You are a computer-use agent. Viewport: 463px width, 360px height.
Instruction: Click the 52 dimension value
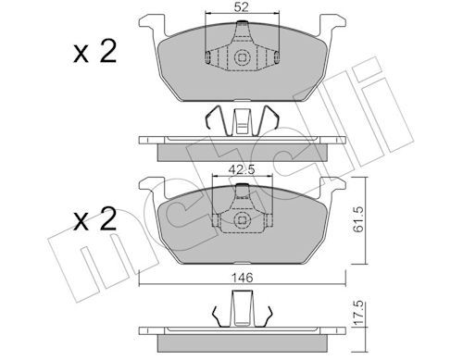pyautogui.click(x=242, y=6)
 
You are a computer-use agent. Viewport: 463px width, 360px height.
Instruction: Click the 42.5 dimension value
pyautogui.click(x=242, y=169)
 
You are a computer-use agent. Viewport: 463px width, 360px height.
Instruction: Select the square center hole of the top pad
pyautogui.click(x=242, y=57)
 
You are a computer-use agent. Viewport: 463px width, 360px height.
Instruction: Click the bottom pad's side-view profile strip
pyautogui.click(x=242, y=331)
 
